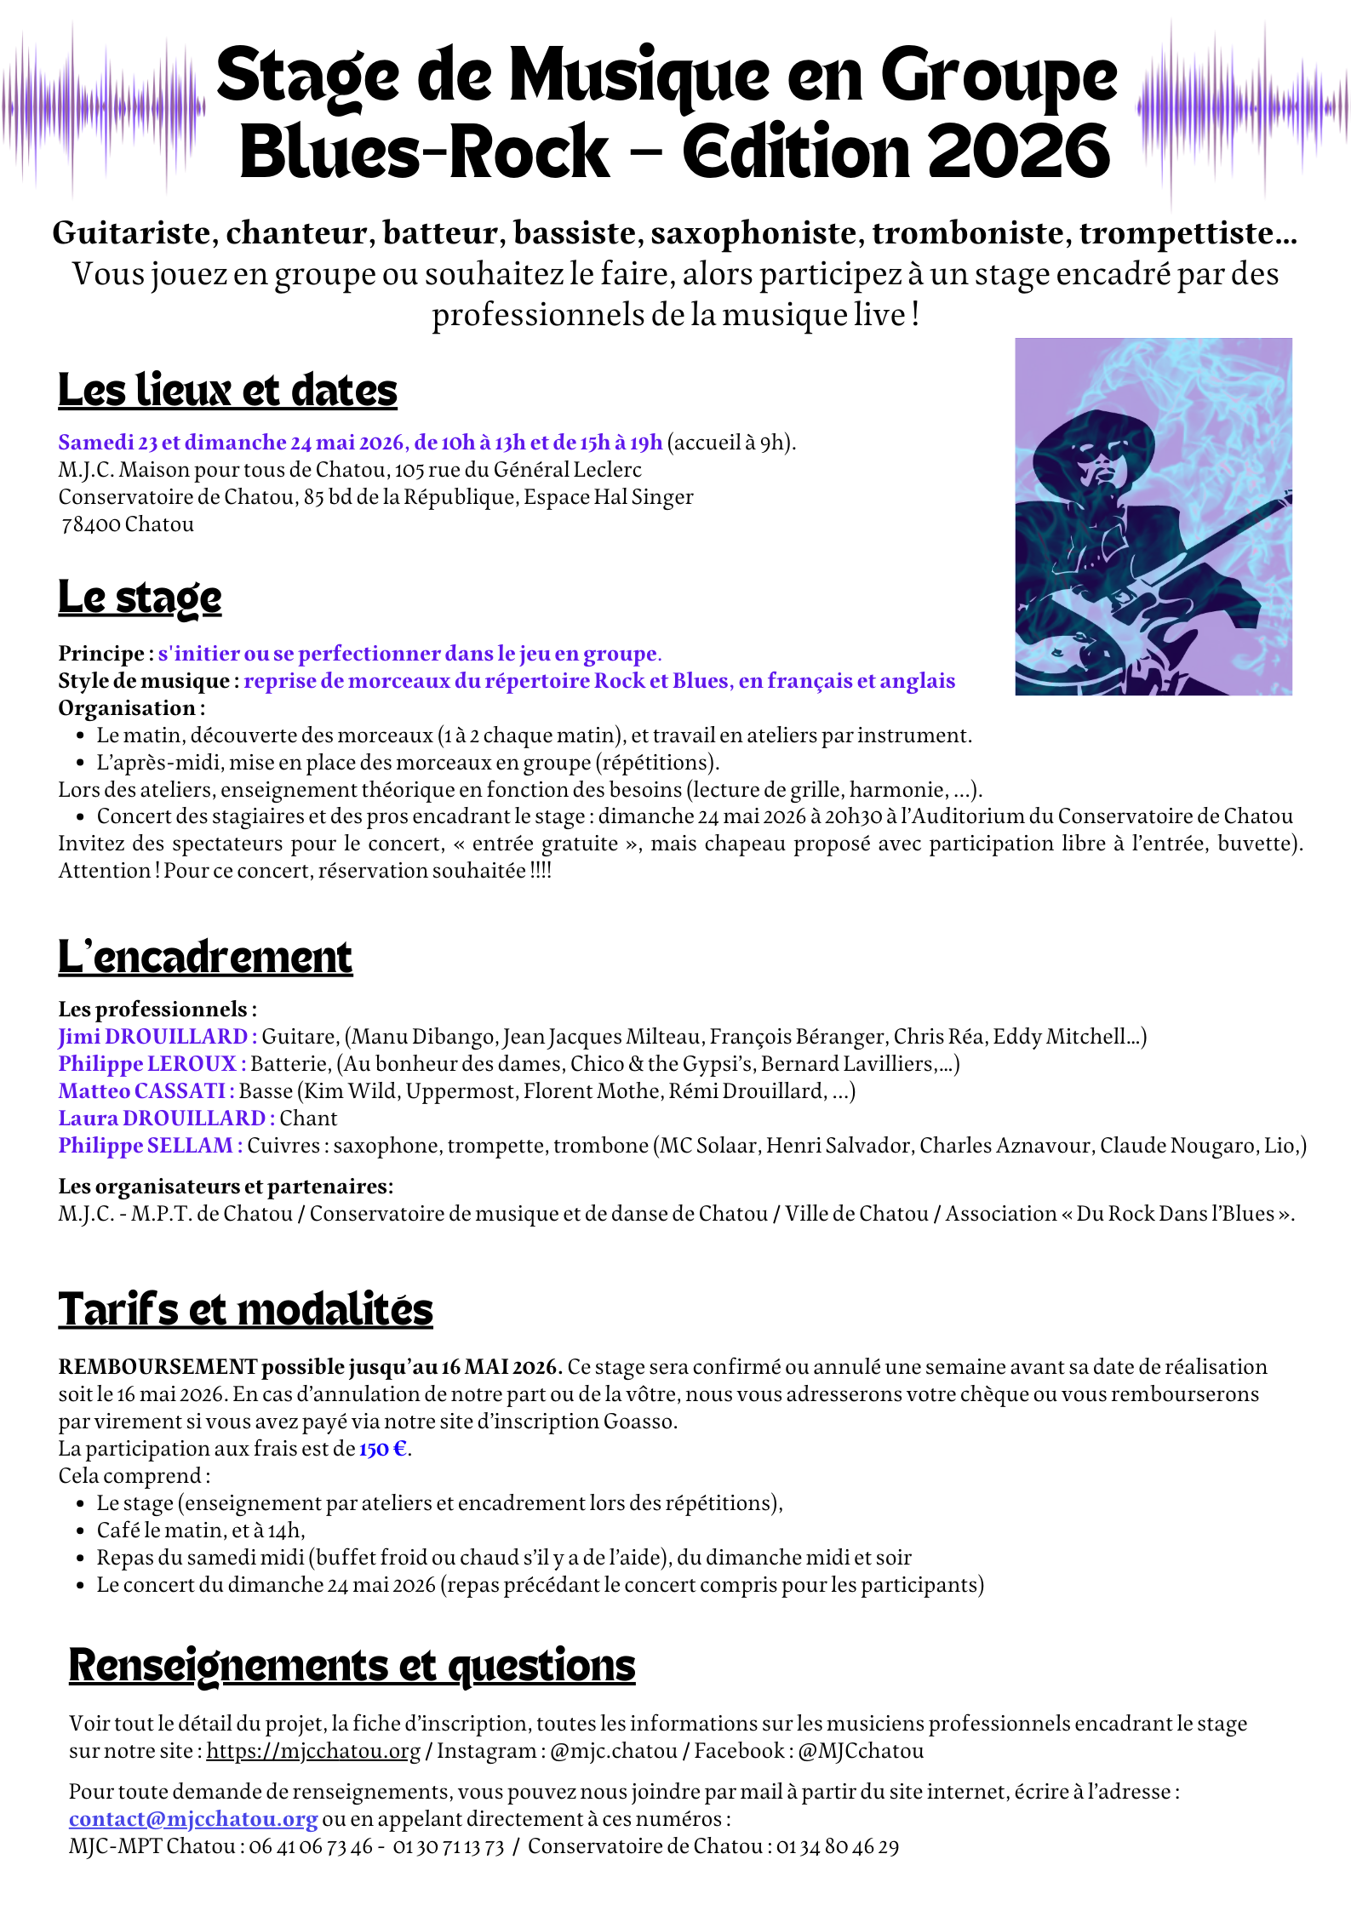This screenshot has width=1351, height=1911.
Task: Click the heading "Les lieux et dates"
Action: [x=227, y=391]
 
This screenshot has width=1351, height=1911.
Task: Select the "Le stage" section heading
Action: [x=140, y=598]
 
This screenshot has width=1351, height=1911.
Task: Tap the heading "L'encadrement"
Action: [x=205, y=957]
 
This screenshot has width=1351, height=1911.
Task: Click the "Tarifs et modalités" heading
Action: [x=245, y=1309]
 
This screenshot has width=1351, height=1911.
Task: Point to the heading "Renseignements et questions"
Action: [x=352, y=1665]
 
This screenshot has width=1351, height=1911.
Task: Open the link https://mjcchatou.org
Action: [x=313, y=1751]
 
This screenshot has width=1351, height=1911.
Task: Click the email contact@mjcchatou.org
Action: [x=193, y=1819]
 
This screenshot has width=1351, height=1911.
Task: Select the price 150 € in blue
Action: [x=383, y=1449]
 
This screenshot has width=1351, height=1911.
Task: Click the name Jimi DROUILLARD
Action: [x=153, y=1037]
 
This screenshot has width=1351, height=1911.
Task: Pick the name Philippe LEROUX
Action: [x=147, y=1064]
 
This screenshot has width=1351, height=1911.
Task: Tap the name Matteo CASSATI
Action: [x=141, y=1091]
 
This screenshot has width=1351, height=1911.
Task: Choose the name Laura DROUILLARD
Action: [x=162, y=1119]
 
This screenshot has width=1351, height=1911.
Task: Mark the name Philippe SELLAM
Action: [x=146, y=1146]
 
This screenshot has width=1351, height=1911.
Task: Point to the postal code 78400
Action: [x=91, y=524]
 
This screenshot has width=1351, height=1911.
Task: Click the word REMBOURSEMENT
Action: [x=157, y=1367]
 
